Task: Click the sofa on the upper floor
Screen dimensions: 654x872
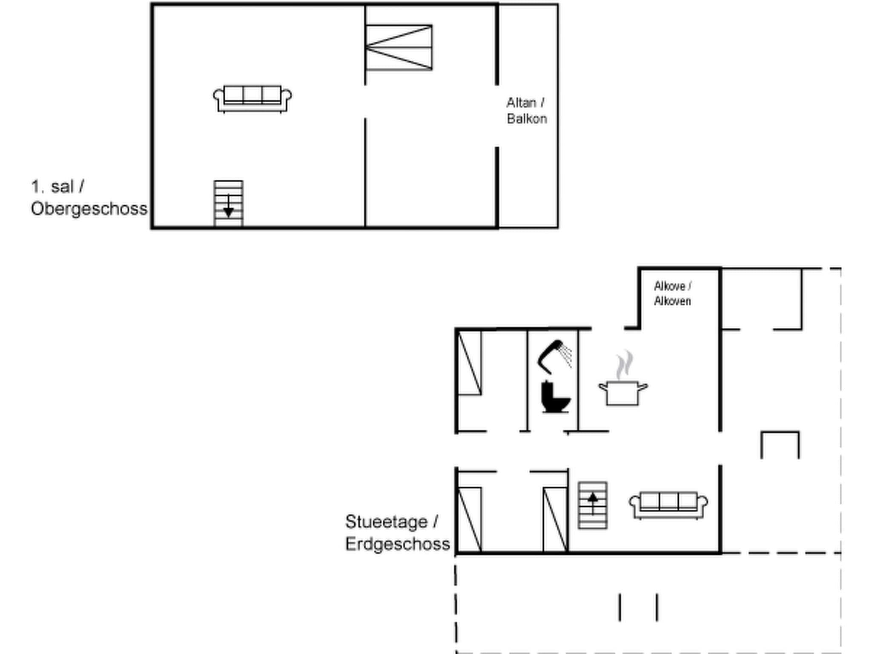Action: coord(252,99)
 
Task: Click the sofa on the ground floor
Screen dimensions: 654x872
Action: coord(668,505)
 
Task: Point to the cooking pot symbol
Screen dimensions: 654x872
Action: coord(622,393)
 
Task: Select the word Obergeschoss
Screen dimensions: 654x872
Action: coord(89,209)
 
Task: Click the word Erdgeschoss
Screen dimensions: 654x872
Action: coord(397,544)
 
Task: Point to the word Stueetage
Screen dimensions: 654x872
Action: coord(386,522)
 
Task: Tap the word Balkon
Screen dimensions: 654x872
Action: coord(527,118)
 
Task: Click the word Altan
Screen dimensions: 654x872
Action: coord(521,103)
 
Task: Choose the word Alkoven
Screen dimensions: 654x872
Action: coord(672,301)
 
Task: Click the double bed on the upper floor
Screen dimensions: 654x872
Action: coord(399,48)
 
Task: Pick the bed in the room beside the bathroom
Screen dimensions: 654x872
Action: coord(470,363)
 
